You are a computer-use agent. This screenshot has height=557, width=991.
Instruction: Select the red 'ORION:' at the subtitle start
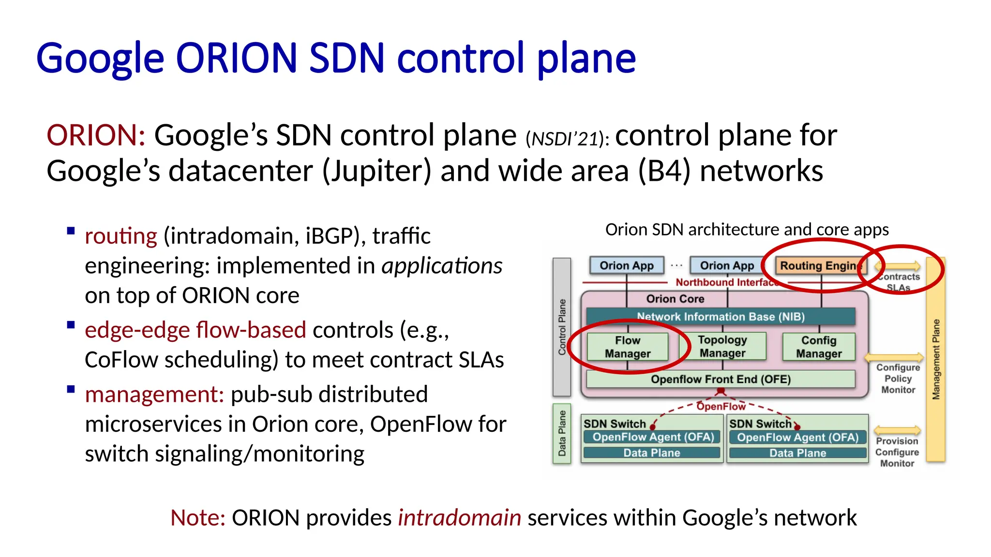tap(96, 135)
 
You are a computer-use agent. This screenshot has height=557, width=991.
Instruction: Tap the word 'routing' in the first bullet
tap(120, 236)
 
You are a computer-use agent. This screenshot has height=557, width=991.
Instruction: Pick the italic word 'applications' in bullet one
tap(442, 266)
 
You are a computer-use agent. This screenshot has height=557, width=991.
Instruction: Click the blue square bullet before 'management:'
tap(71, 389)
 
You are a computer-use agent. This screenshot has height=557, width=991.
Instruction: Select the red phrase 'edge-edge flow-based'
tap(195, 330)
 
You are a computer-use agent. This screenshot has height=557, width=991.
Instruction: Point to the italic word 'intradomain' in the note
tap(459, 518)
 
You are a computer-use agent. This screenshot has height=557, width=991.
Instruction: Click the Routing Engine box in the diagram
tap(820, 265)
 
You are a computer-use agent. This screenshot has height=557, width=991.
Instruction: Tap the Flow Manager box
tap(627, 347)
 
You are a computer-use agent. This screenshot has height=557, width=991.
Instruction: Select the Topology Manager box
tap(722, 346)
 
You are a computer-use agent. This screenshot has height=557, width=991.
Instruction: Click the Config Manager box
tap(818, 347)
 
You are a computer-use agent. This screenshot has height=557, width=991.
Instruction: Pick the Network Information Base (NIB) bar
tap(720, 317)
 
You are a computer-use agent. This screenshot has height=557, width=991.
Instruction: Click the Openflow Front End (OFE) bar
tap(720, 379)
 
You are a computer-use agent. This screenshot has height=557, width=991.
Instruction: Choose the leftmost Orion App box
tap(626, 265)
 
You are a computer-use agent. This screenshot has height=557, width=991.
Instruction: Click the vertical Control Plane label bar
tap(562, 327)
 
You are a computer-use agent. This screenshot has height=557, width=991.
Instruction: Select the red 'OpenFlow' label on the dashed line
tap(721, 407)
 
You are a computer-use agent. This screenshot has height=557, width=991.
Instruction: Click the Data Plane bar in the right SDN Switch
tap(797, 453)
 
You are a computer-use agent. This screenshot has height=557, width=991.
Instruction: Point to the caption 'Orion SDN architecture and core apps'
tap(747, 229)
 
